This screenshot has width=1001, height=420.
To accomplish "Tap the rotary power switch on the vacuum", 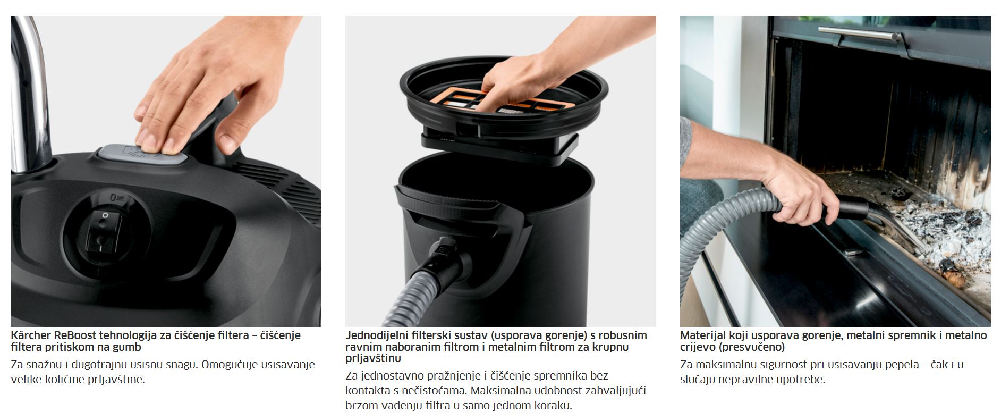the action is click(104, 230).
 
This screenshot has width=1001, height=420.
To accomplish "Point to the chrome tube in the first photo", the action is click(28, 90).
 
